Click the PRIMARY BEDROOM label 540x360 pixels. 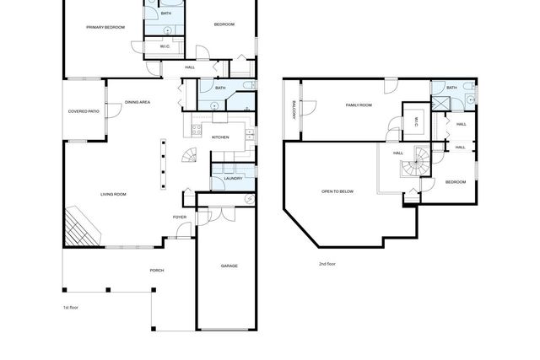(105, 28)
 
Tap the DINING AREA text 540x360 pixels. (138, 102)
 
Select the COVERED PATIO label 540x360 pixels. (84, 111)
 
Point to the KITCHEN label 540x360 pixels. (220, 137)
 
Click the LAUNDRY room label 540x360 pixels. (233, 178)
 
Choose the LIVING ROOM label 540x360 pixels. (113, 195)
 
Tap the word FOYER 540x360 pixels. (180, 217)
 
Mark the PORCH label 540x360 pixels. (156, 270)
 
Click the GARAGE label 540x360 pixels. (229, 266)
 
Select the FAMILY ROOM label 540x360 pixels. (359, 105)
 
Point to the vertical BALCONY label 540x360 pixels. (294, 111)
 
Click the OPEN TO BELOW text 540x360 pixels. (337, 191)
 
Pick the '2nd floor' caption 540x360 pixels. (327, 264)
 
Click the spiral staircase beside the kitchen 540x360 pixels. (192, 156)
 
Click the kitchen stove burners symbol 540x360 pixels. (195, 130)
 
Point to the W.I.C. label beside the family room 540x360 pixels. (416, 121)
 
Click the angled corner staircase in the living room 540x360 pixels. (81, 226)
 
